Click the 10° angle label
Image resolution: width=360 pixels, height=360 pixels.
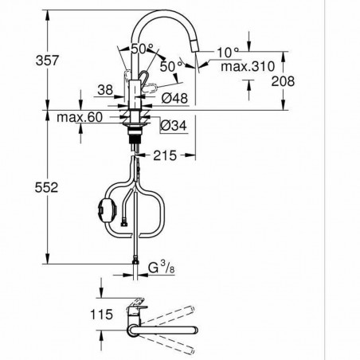(226, 52)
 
